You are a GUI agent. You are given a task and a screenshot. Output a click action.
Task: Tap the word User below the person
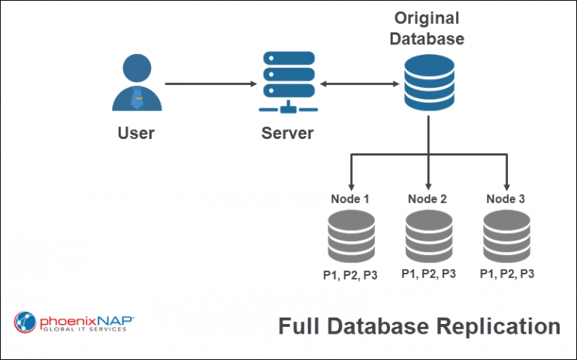click(x=136, y=134)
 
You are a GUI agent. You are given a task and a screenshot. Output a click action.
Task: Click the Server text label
click(x=287, y=134)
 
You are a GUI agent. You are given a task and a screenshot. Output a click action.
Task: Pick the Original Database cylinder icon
click(x=428, y=84)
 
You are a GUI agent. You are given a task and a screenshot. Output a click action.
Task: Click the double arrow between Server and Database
click(x=358, y=83)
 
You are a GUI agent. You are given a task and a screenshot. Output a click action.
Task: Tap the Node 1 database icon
click(x=351, y=235)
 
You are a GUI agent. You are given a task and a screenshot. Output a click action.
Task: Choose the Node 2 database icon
click(x=428, y=235)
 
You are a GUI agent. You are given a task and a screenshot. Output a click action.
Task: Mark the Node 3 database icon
click(x=506, y=235)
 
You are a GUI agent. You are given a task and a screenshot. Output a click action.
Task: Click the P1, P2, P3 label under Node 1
click(x=351, y=274)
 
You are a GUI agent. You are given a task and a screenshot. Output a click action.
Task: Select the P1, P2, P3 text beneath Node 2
click(x=428, y=274)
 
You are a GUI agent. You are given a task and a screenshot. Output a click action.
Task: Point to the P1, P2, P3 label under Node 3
click(x=506, y=274)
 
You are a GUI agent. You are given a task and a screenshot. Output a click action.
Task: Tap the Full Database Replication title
click(x=419, y=327)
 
